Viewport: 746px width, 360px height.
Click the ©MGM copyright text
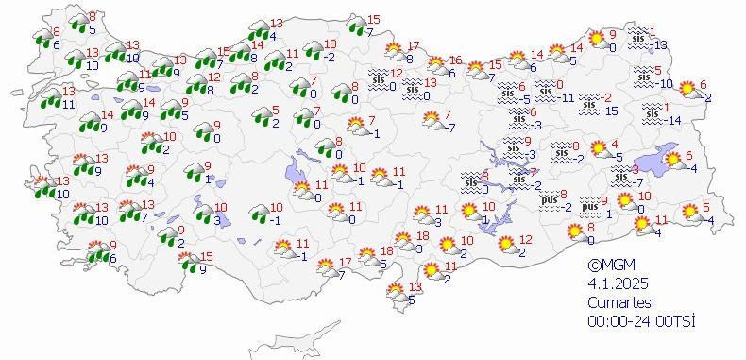[x=608, y=266]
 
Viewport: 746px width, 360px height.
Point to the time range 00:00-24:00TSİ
[x=641, y=321]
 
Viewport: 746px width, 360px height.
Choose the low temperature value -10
[x=666, y=84]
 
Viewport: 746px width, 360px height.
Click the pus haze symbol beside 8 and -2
[x=551, y=199]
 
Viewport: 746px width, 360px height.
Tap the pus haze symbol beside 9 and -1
[x=589, y=205]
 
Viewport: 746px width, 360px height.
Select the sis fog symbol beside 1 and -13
[x=639, y=34]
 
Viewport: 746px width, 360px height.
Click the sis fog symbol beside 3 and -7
[x=620, y=174]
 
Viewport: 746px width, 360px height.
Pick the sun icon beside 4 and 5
[x=599, y=149]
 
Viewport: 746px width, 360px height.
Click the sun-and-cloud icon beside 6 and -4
[x=672, y=162]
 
